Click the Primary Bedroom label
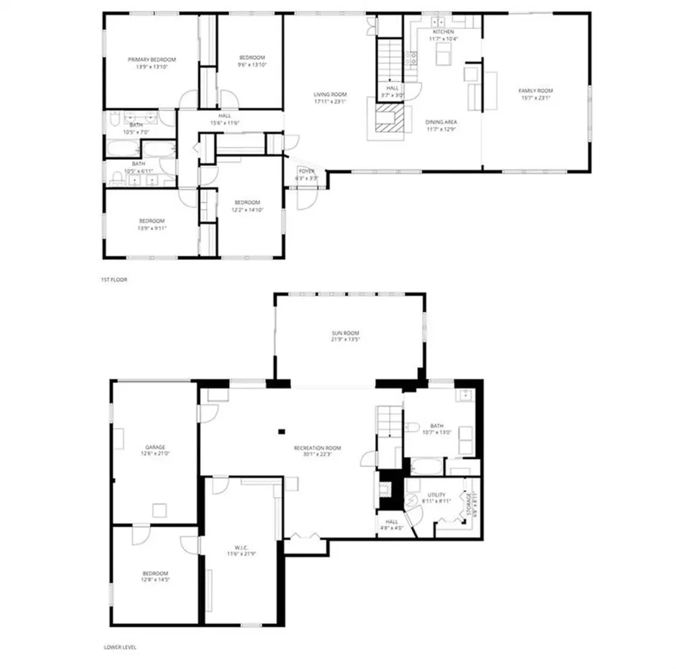pyautogui.click(x=151, y=59)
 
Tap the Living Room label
pyautogui.click(x=329, y=94)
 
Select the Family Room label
pyautogui.click(x=535, y=90)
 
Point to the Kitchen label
pyautogui.click(x=443, y=32)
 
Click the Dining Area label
pyautogui.click(x=441, y=122)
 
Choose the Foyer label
pyautogui.click(x=306, y=170)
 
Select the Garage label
pyautogui.click(x=155, y=447)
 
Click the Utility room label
pyautogui.click(x=436, y=495)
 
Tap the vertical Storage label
pyautogui.click(x=470, y=505)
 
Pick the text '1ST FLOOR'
pyautogui.click(x=114, y=280)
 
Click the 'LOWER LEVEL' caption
pyautogui.click(x=120, y=647)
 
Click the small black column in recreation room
pyautogui.click(x=281, y=432)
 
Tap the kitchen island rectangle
pyautogui.click(x=443, y=57)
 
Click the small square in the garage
pyautogui.click(x=159, y=510)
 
